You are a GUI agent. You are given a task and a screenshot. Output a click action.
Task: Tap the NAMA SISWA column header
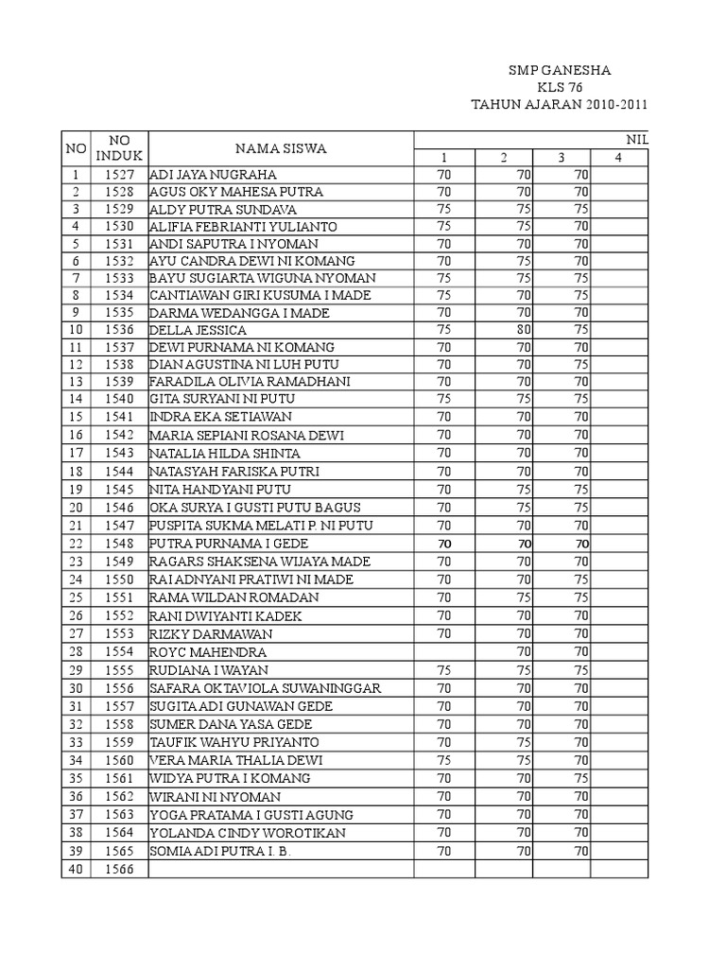[x=281, y=148]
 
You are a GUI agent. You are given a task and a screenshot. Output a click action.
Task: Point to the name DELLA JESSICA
[x=198, y=330]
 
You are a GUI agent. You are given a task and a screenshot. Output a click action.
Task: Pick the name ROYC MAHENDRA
[x=208, y=652]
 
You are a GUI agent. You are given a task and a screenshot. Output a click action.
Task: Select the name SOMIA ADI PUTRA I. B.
[x=218, y=851]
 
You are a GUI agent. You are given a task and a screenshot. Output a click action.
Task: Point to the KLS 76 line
[x=560, y=87]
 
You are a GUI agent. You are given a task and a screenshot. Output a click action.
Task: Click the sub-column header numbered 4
[x=618, y=157]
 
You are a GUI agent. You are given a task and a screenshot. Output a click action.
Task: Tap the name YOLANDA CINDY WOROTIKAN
[x=248, y=833]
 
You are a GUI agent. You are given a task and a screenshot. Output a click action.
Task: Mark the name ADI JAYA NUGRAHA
[x=213, y=175]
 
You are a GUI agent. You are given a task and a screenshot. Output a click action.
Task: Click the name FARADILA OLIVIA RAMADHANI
[x=250, y=381]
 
